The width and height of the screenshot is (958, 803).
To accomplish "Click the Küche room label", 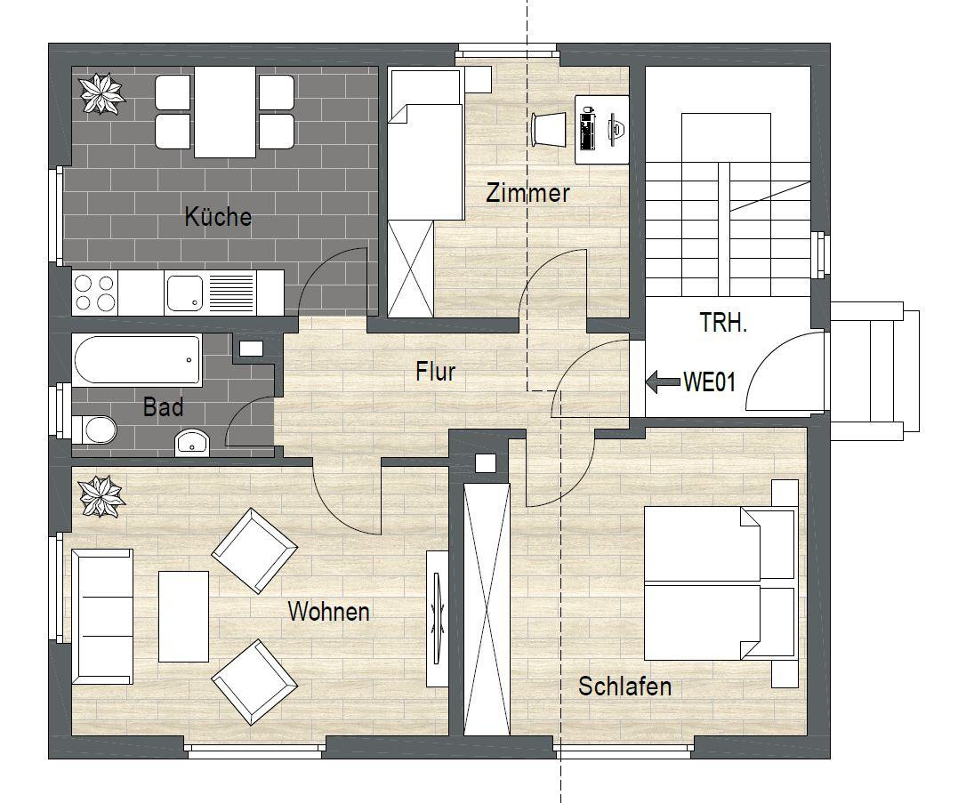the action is tap(218, 217).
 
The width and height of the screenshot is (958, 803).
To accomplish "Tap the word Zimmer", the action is tap(527, 193).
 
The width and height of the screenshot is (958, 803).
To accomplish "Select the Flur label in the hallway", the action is tap(436, 372).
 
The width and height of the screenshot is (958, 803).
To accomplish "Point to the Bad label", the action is tap(163, 406).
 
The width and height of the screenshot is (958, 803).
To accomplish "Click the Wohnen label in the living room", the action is tap(329, 611).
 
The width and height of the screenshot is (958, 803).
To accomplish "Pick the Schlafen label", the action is tap(625, 687).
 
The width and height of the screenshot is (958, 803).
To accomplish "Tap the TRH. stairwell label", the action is tap(723, 323).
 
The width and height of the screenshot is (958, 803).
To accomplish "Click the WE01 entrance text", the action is tap(709, 382).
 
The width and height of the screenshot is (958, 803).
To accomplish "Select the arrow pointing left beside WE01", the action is tap(663, 381).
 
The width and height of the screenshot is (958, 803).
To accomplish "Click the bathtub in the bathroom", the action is tap(137, 359).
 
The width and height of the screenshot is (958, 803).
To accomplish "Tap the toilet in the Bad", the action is tap(94, 430).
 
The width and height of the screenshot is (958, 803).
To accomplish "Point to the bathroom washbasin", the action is tap(192, 443).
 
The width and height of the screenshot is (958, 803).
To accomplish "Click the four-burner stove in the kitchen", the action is tap(94, 293).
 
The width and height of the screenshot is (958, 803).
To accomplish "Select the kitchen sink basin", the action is tap(184, 293).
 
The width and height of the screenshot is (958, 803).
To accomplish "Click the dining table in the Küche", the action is tap(225, 112).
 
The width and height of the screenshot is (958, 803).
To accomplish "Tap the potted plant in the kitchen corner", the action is tap(102, 93).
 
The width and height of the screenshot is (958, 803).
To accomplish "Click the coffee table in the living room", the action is tap(183, 617).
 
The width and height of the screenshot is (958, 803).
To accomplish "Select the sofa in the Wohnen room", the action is tap(102, 616).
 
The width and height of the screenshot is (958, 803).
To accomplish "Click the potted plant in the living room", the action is tap(102, 496).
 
